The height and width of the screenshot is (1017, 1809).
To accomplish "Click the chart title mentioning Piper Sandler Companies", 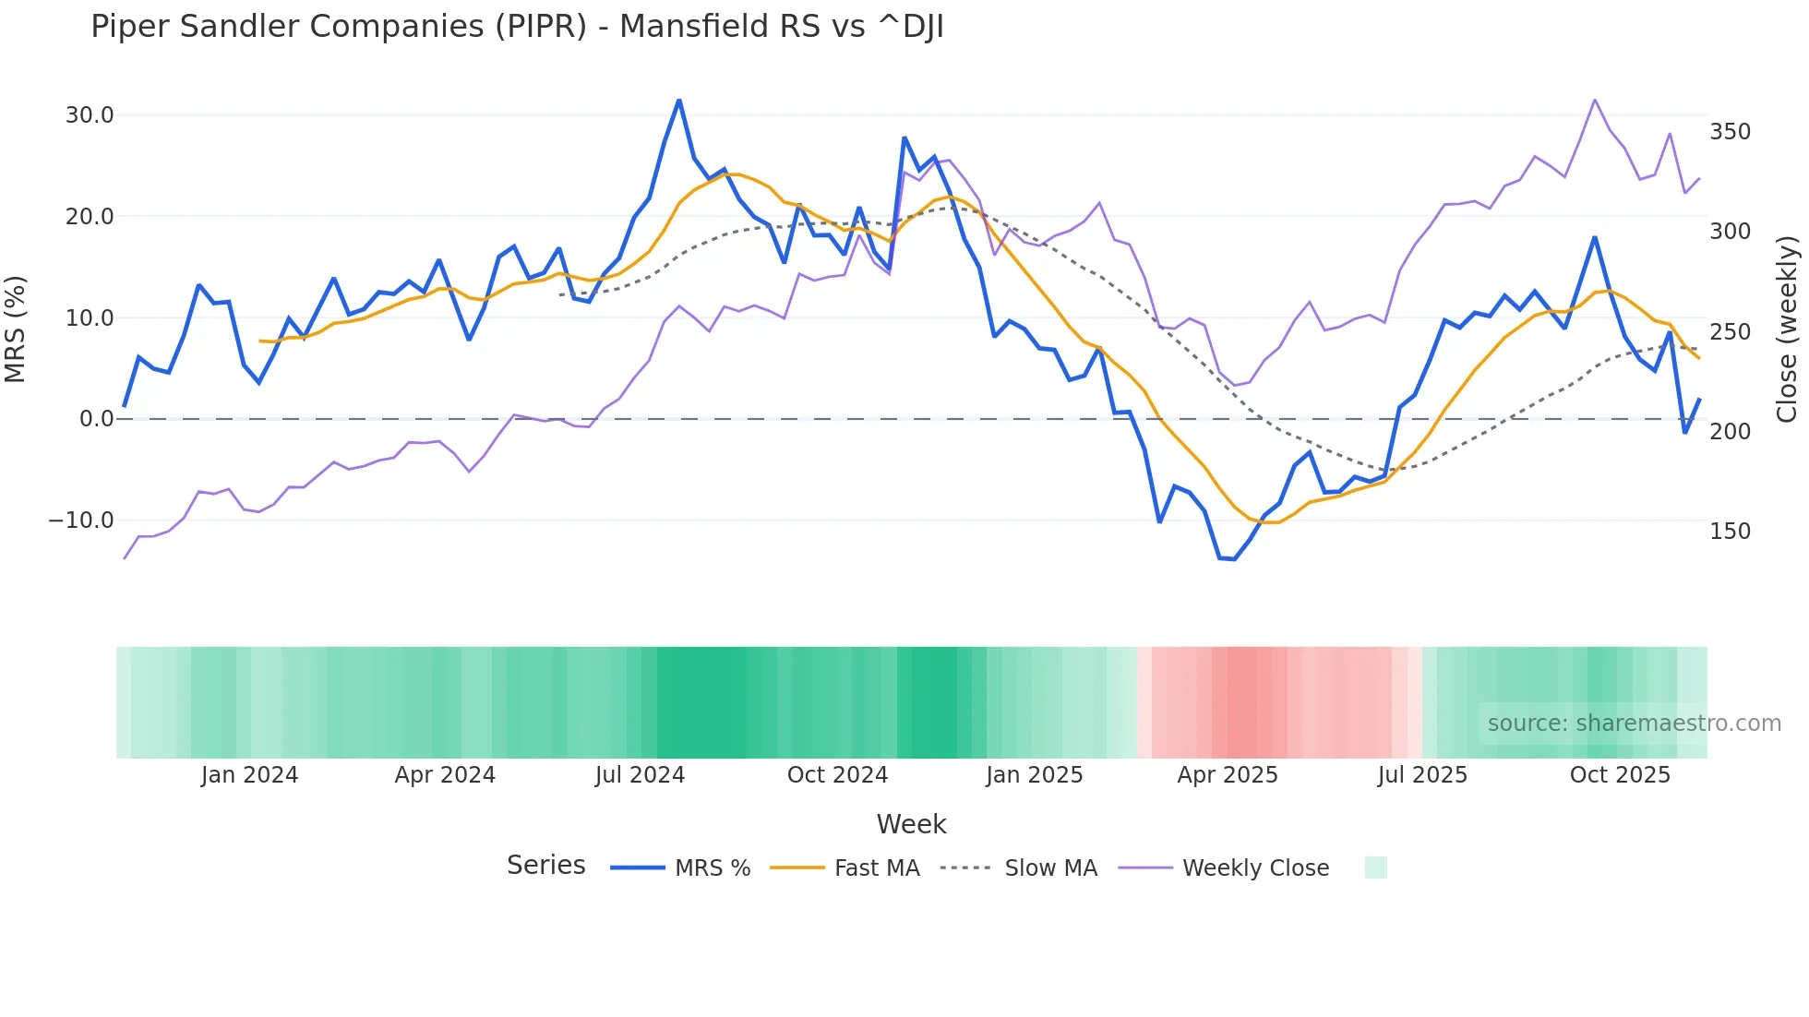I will [x=517, y=27].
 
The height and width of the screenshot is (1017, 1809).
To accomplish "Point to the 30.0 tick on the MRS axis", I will [x=90, y=115].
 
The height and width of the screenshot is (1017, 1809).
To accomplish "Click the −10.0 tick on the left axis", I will [x=81, y=520].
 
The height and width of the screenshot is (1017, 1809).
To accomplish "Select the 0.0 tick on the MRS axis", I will [x=96, y=419].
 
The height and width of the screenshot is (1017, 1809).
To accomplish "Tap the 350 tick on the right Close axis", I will [x=1730, y=132].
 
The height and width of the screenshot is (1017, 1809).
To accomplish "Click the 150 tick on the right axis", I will [x=1730, y=532].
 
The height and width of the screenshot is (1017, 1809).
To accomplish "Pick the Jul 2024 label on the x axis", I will [x=640, y=775].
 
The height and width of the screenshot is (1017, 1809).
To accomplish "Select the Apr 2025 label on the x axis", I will [x=1227, y=775].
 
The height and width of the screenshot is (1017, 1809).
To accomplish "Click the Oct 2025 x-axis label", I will [x=1620, y=775].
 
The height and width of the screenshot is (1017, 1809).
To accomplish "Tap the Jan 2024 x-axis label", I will [x=249, y=775].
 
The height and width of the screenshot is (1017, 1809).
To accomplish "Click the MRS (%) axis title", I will [x=16, y=329].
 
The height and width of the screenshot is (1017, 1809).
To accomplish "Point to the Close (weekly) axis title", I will [x=1788, y=329].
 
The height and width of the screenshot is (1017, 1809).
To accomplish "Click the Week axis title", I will [x=911, y=824].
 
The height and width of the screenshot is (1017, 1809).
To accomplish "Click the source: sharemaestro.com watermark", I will [x=1634, y=724].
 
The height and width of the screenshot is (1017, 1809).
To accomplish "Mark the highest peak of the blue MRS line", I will [x=679, y=100].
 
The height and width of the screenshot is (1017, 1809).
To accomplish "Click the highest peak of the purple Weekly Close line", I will [x=1595, y=100].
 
